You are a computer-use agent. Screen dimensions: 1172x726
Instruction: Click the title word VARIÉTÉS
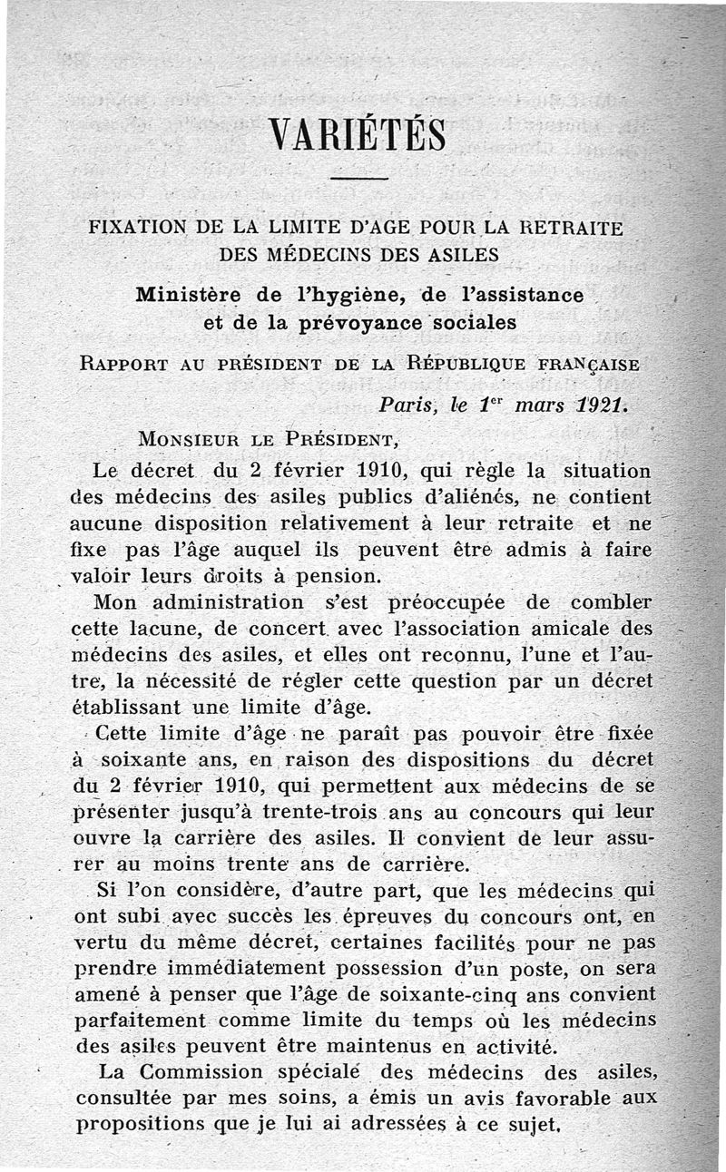point(358,136)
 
